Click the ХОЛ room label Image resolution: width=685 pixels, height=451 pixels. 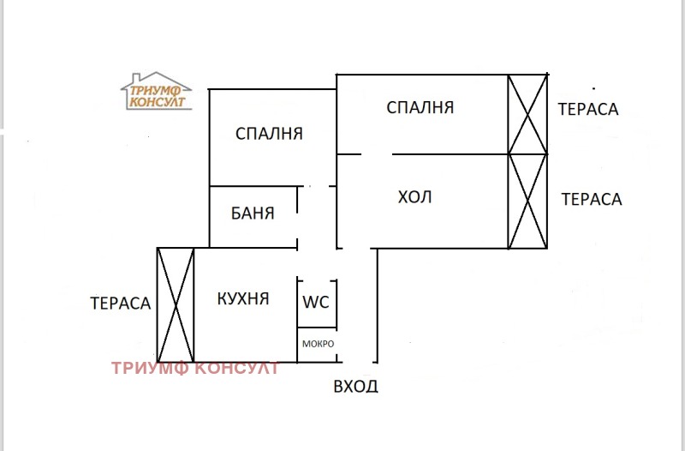(415, 197)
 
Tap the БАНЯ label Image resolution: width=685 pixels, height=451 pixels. (253, 213)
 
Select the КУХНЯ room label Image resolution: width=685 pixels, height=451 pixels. (243, 299)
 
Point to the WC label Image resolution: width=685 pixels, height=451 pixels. (316, 302)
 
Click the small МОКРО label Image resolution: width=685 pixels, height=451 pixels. (317, 344)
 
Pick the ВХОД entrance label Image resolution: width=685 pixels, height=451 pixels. (355, 386)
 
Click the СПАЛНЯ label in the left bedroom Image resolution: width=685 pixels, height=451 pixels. (269, 134)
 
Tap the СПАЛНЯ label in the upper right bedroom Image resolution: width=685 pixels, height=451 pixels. (420, 108)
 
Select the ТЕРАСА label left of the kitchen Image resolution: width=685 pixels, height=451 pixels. (121, 303)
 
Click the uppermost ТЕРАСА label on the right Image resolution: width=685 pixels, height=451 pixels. (588, 109)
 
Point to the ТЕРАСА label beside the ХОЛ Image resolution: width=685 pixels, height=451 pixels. (591, 199)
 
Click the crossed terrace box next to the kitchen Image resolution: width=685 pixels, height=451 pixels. (176, 304)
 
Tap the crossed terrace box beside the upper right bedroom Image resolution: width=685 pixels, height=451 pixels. (527, 114)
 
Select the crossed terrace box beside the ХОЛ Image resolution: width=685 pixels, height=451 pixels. (527, 201)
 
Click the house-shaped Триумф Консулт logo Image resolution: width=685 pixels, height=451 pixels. (156, 91)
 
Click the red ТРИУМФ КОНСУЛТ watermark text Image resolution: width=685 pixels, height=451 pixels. (195, 369)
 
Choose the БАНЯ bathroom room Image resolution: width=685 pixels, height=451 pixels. (253, 217)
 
